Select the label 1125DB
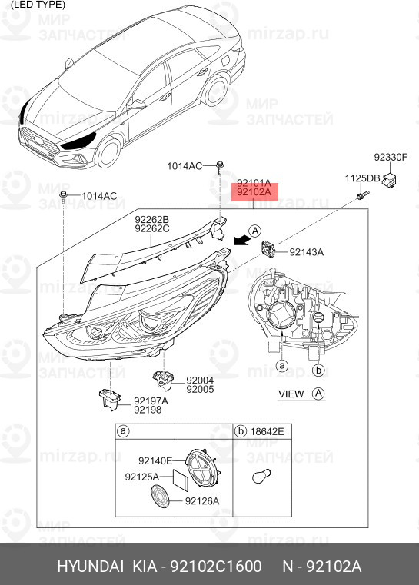click(x=361, y=178)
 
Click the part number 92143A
click(x=307, y=252)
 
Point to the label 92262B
click(x=152, y=219)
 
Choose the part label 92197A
click(x=151, y=401)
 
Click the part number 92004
click(x=198, y=380)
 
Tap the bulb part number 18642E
click(x=268, y=432)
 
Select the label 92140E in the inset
click(x=155, y=461)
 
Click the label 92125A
click(x=141, y=477)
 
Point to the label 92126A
click(x=202, y=501)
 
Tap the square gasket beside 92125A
click(x=179, y=479)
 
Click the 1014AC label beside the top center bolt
click(x=185, y=166)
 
